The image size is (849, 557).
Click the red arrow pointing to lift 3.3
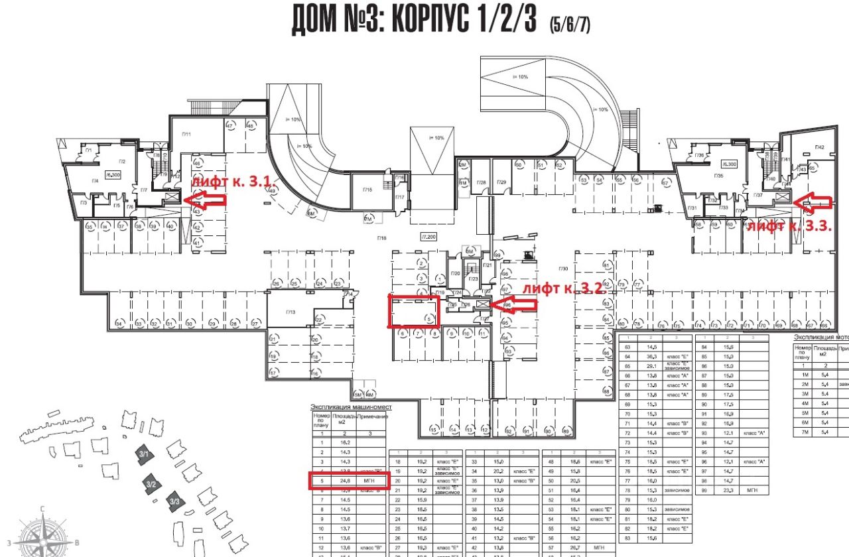[x=815, y=200]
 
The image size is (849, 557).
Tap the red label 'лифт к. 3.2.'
[x=556, y=289]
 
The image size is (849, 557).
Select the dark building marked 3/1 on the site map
[x=145, y=455]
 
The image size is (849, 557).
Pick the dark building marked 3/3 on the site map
[x=175, y=502]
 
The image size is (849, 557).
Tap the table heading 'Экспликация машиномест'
[x=352, y=406]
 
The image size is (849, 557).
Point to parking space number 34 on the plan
[x=119, y=324]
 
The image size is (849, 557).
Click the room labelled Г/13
[x=290, y=311]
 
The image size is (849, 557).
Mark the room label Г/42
[x=820, y=147]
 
